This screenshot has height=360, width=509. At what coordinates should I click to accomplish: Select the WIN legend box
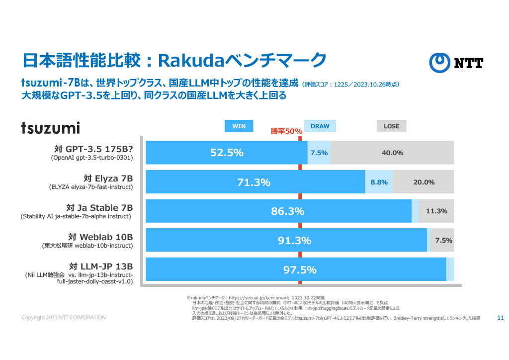pos(239,126)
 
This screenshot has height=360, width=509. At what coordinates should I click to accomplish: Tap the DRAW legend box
pos(320,126)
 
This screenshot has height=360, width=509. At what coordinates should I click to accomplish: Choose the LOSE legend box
pos(391,126)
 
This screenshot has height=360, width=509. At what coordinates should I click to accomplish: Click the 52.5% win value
pos(227,153)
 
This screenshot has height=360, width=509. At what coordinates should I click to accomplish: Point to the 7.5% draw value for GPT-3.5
pos(319,153)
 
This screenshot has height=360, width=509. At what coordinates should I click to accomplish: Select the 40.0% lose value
pos(392,153)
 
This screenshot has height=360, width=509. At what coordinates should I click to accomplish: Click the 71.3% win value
pos(254,182)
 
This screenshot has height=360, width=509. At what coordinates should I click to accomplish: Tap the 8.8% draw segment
pos(379,182)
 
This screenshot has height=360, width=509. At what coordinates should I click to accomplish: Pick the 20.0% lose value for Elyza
pos(424,182)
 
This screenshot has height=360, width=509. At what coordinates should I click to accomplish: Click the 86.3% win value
pos(287,211)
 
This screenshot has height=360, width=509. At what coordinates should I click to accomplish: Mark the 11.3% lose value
pos(436,211)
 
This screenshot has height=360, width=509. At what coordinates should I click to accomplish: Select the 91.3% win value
pos(294,241)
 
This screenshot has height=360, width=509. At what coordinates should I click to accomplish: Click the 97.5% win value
pos(300,270)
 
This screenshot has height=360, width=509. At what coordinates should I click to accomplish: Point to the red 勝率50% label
pos(286,131)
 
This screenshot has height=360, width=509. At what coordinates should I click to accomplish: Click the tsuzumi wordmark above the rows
pos(50,128)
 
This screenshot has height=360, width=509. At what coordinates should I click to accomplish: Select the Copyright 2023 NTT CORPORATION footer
pos(64,318)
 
